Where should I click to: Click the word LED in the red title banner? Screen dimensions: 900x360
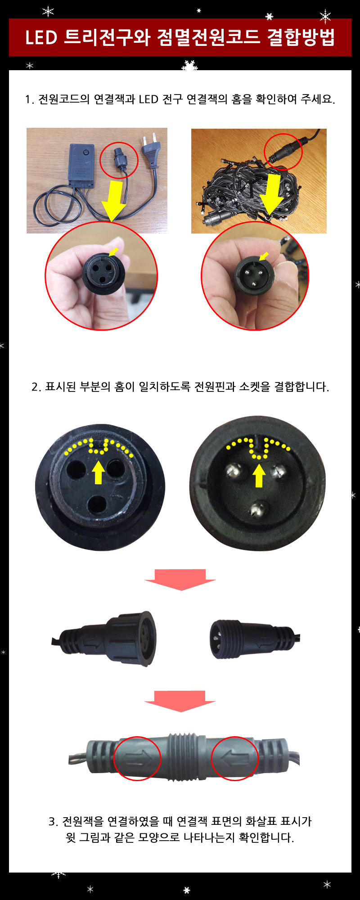point(41,37)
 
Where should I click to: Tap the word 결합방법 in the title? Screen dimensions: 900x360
point(301,37)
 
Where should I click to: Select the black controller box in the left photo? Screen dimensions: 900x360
point(82,164)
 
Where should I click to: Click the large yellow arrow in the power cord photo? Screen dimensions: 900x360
point(114,200)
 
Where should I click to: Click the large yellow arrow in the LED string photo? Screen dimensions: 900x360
point(273,193)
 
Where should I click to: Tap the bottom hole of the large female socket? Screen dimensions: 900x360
point(96,505)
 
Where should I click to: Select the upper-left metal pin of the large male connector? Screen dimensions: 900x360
point(234,471)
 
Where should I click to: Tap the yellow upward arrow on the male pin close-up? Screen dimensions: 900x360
point(258,476)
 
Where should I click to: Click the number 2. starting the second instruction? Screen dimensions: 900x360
point(36,387)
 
